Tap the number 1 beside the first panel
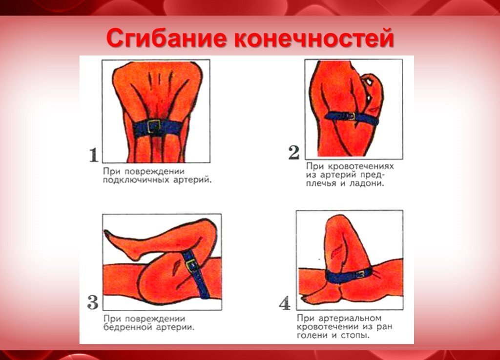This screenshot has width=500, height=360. [x=93, y=155]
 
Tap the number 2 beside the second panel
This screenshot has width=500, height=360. [x=293, y=153]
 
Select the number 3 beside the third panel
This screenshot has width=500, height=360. [x=93, y=302]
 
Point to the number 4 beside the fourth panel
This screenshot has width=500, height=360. [x=285, y=303]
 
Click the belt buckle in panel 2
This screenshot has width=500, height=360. [x=351, y=116]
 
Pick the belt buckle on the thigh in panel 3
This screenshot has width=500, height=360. [x=191, y=265]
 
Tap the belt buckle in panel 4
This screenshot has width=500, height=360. [x=362, y=274]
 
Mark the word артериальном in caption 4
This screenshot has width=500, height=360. [x=352, y=318]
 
